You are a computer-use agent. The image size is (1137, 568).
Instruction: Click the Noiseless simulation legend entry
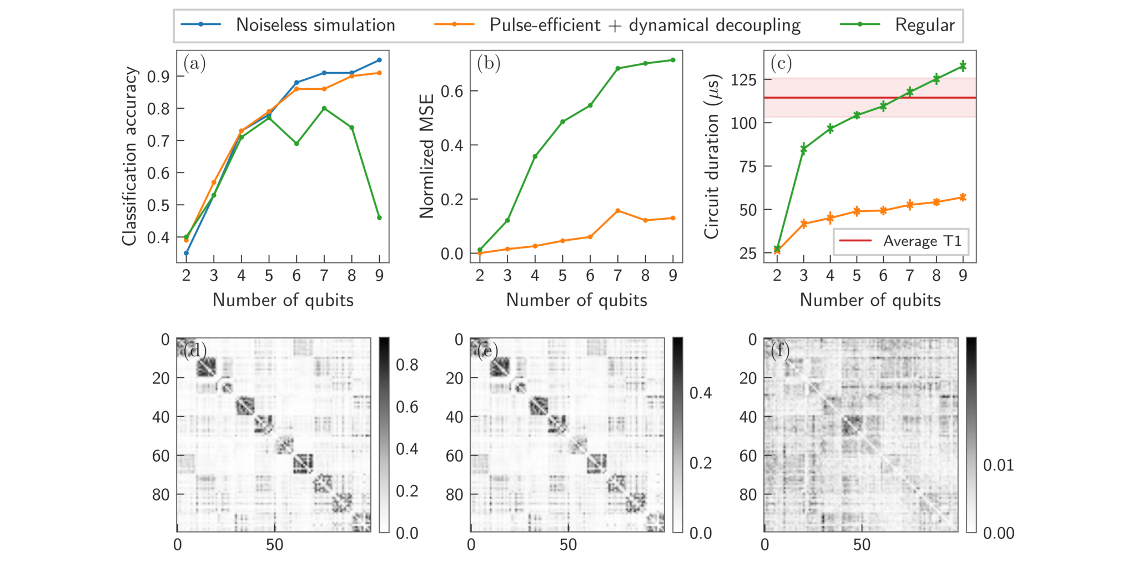(315, 25)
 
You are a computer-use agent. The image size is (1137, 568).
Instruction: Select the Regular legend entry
(924, 25)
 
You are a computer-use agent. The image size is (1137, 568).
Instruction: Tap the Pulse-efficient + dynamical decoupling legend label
(645, 25)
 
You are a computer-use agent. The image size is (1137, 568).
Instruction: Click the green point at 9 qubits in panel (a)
(379, 217)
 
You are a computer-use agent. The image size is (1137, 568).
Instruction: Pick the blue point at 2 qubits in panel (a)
(186, 253)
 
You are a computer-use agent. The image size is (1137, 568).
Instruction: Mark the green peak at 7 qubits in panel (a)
(324, 108)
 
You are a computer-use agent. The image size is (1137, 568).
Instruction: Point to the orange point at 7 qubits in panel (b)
(618, 211)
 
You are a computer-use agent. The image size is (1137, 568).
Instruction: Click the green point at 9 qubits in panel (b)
(673, 60)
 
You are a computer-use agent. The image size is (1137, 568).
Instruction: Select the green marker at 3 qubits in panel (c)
(803, 149)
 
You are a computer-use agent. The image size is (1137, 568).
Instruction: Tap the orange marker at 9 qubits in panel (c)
(963, 197)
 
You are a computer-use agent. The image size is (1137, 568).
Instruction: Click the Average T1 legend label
(922, 241)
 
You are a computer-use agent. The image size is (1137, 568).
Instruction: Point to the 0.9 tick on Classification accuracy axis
(158, 77)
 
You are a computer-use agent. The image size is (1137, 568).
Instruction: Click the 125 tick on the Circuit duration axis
(743, 80)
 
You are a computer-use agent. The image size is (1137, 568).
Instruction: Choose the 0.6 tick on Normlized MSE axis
(452, 92)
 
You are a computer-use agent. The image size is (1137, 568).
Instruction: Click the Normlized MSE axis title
(426, 156)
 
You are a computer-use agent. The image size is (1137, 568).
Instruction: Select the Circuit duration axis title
(712, 156)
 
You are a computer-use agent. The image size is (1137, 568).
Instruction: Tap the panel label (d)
(195, 351)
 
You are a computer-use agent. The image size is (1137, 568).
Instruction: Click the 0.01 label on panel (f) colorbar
(998, 465)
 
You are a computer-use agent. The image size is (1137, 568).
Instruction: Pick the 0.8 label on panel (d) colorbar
(407, 365)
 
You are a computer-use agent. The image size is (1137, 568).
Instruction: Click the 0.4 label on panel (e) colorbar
(701, 393)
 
